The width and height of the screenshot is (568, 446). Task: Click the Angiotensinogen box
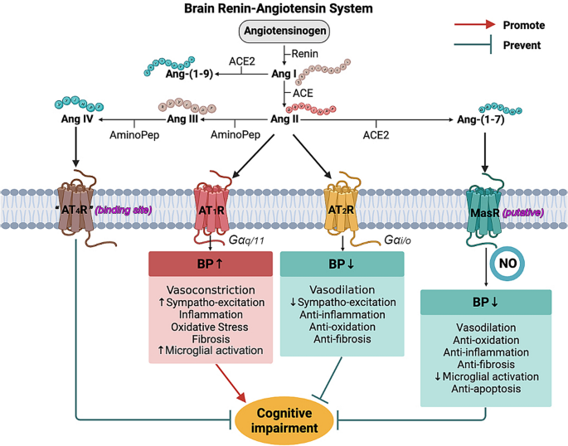pyautogui.click(x=284, y=33)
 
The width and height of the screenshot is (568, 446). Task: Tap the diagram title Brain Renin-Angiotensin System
pyautogui.click(x=284, y=9)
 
